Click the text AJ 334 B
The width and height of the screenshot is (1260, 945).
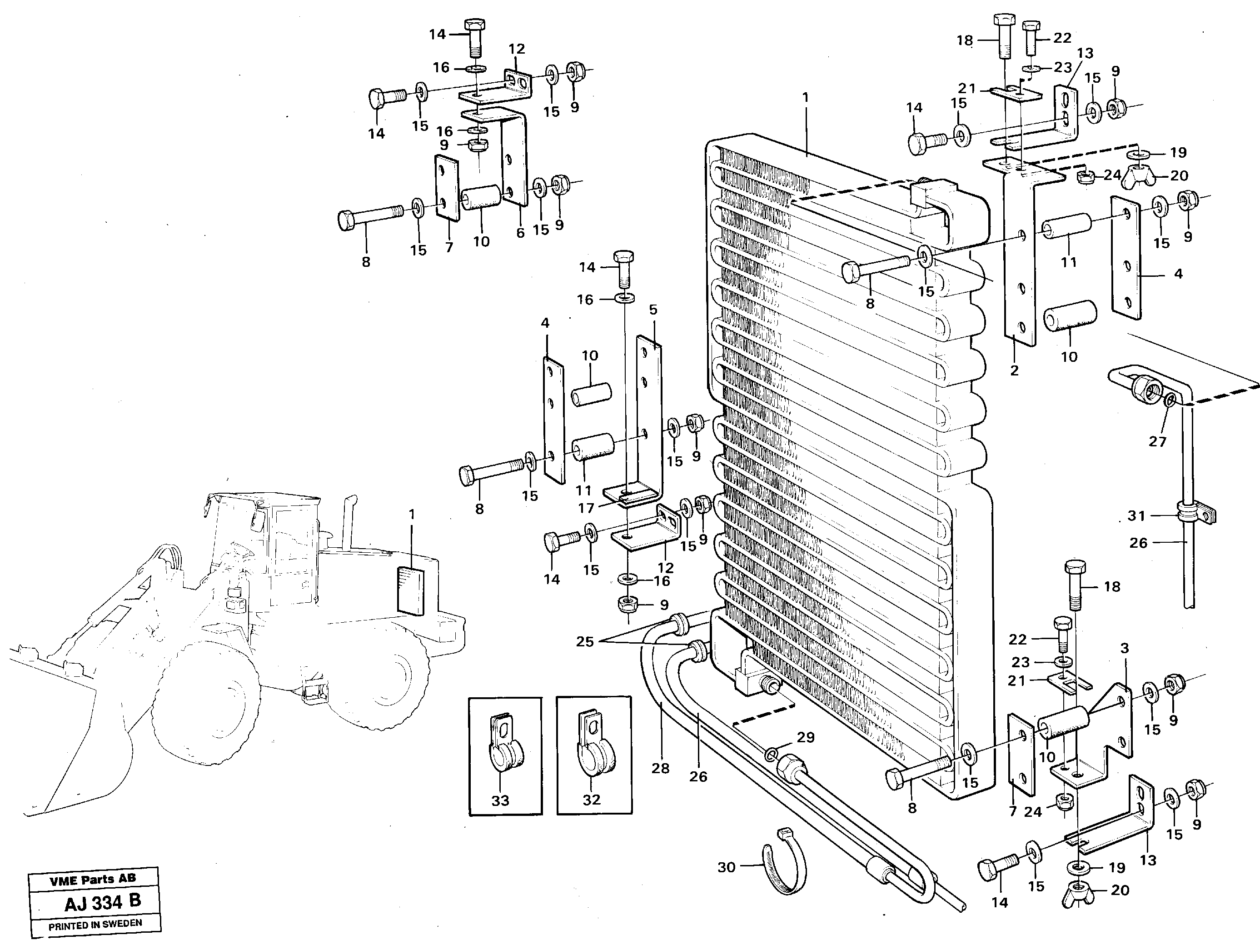pos(103,903)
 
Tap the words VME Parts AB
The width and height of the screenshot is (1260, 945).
pos(92,880)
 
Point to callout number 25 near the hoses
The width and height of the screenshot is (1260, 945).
pos(584,642)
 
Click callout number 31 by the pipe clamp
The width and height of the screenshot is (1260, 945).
pos(1136,516)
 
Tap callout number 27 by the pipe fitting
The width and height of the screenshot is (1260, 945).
pos(1157,441)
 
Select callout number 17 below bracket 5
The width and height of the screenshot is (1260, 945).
pos(586,508)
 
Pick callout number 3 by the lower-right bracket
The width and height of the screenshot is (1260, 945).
pos(1124,648)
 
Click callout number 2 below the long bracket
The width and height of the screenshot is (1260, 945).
pos(1014,370)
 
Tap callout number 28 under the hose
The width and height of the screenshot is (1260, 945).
pos(660,768)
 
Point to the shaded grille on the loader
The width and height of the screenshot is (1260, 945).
pos(411,590)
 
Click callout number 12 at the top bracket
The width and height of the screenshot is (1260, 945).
pos(517,49)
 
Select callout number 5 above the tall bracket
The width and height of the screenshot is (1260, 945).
pos(653,310)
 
